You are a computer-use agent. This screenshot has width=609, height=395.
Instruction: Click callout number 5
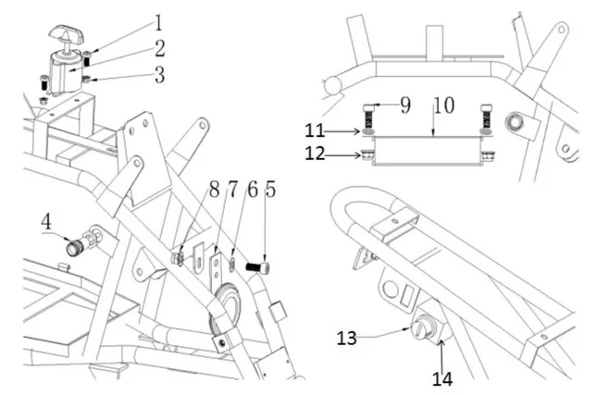(269, 194)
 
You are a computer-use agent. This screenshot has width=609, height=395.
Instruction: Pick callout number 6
(250, 194)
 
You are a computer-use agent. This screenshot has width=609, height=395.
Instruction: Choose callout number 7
(232, 194)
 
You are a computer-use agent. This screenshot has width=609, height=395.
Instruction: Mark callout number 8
(214, 194)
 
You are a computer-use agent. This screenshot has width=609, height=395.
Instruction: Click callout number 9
(405, 105)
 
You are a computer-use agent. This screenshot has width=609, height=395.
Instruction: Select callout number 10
(441, 105)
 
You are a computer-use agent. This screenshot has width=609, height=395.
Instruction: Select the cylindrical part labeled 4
(76, 247)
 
